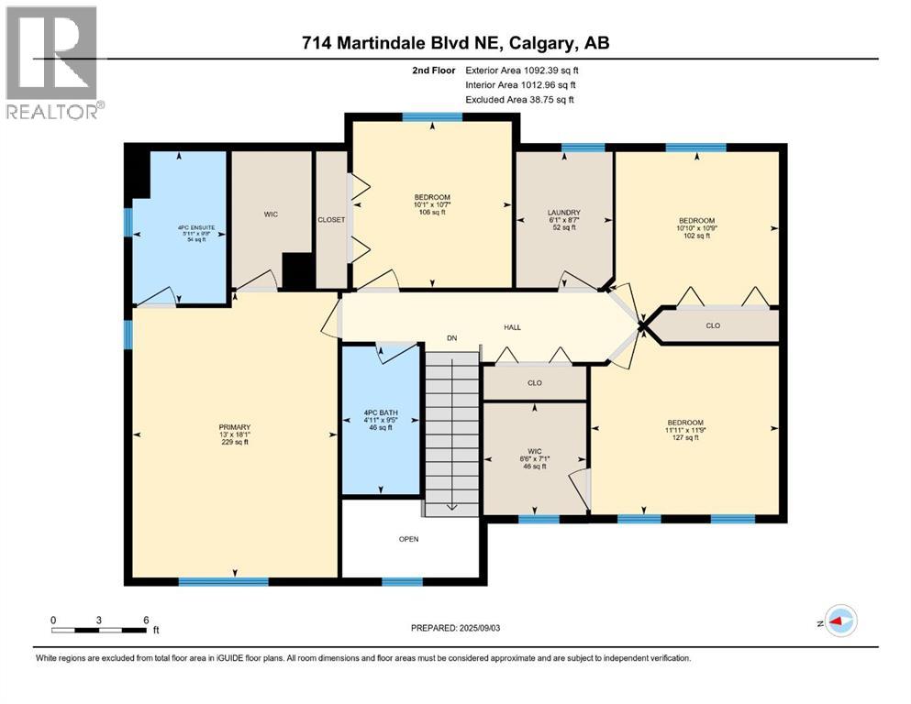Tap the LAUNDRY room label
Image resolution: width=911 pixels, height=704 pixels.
563,213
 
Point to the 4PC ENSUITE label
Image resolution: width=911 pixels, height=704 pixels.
181,227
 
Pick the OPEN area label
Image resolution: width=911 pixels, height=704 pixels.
408,539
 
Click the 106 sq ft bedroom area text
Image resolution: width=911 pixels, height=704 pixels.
432,213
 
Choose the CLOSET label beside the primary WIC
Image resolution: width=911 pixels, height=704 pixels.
331,220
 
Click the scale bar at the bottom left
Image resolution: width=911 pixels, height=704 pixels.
100,630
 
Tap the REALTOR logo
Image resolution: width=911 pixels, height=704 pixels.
52,61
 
